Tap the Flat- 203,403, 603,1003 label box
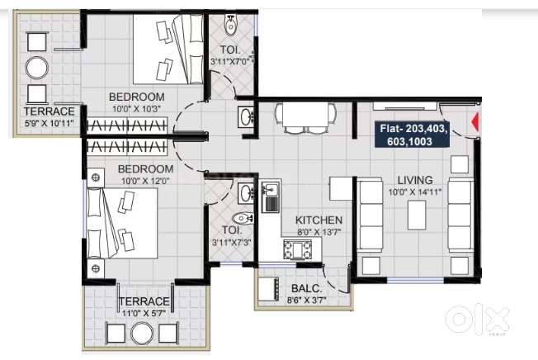[x=413, y=135]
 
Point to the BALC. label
[x=305, y=289]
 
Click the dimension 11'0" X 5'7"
[x=144, y=313]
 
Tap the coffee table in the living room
[x=417, y=217]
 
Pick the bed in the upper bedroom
[x=170, y=52]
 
